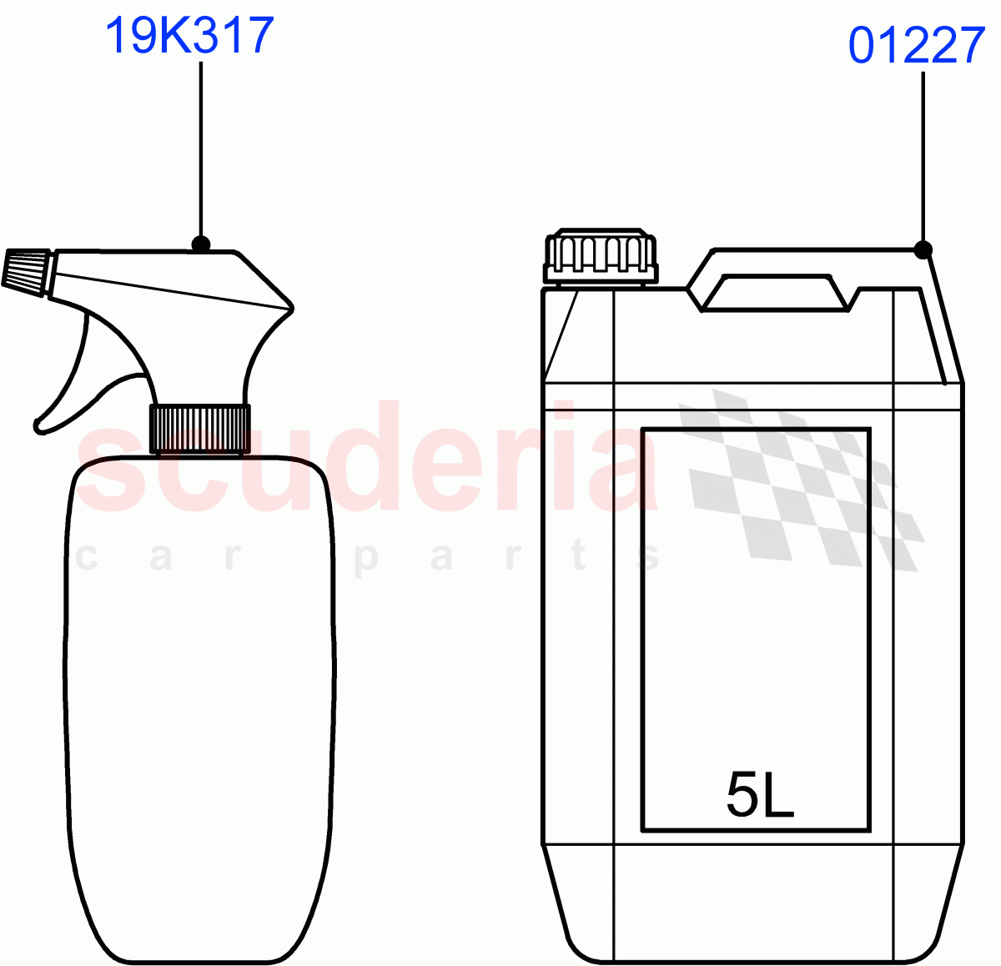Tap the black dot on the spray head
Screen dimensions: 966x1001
click(200, 244)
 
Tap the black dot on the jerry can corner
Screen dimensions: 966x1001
click(923, 249)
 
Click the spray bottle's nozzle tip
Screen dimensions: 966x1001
click(25, 270)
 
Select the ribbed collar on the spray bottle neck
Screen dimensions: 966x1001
click(199, 428)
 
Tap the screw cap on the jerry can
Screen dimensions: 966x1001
click(600, 257)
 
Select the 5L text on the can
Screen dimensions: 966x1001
click(759, 795)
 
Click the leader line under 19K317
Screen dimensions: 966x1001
click(200, 150)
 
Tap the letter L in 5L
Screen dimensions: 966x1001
click(778, 795)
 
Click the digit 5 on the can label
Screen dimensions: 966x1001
click(742, 795)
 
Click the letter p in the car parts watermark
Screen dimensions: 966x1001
click(365, 557)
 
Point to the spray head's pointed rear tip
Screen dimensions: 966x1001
click(291, 308)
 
